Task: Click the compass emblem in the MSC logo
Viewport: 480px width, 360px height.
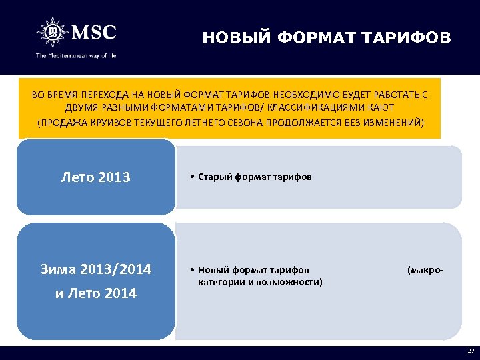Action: (x=51, y=32)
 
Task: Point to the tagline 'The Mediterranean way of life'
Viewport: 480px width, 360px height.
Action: (x=76, y=55)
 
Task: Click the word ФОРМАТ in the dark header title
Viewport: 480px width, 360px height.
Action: (x=313, y=37)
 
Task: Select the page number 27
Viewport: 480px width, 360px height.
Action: (x=471, y=351)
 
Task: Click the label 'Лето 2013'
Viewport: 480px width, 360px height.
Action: (x=95, y=177)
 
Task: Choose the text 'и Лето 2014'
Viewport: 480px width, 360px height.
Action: (x=95, y=293)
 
